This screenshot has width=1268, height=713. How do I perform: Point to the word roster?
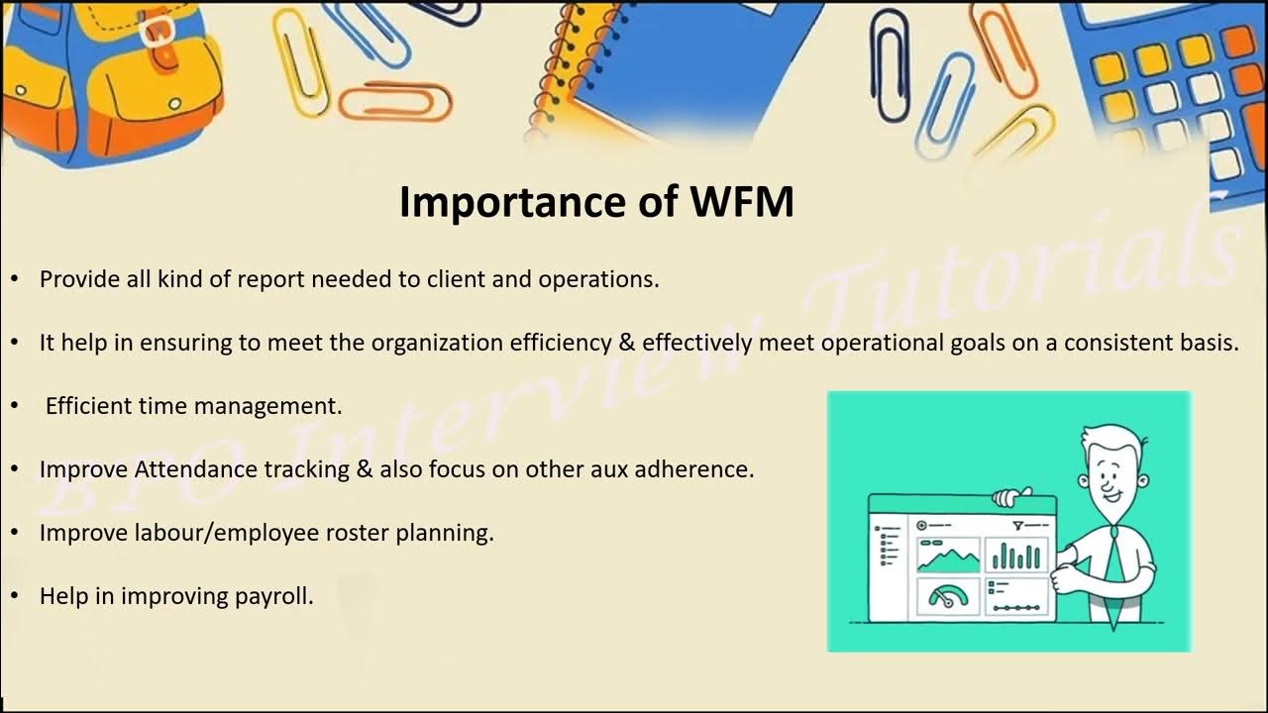(x=356, y=533)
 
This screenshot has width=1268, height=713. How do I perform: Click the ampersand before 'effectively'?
(x=627, y=343)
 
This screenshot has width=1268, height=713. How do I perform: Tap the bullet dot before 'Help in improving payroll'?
(x=15, y=596)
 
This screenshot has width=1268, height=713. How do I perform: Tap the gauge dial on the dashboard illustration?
(x=947, y=597)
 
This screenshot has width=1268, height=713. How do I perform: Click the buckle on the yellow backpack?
(x=158, y=31)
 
